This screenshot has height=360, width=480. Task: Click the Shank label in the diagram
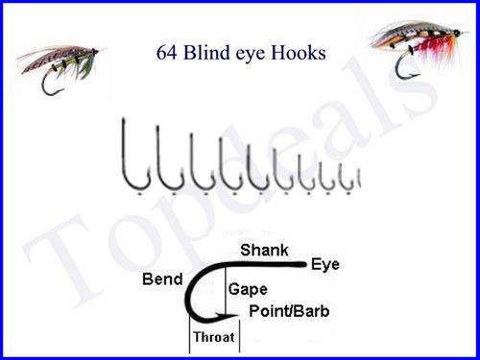pos(260,250)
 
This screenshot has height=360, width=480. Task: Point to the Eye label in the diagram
pos(325,265)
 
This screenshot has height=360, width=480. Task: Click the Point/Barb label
pos(287,311)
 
